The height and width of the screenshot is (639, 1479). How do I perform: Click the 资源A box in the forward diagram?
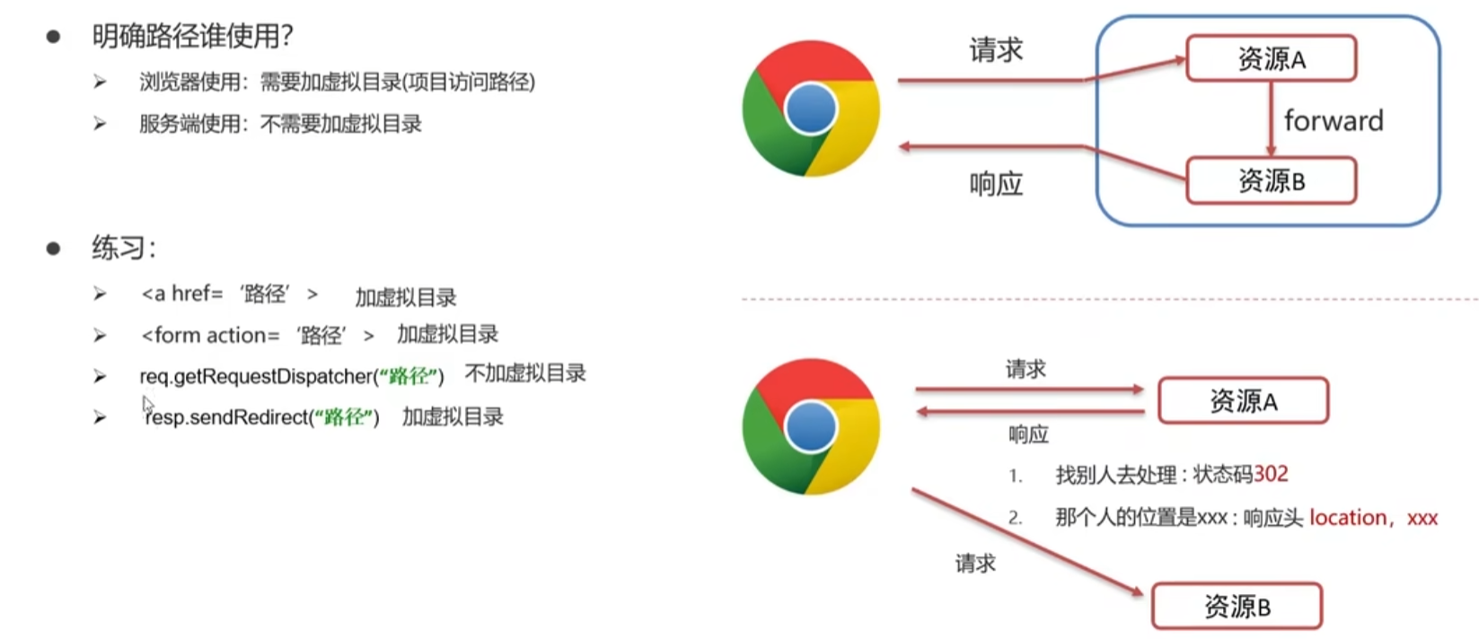[x=1271, y=58]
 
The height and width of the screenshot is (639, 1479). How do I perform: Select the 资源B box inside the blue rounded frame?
[x=1271, y=181]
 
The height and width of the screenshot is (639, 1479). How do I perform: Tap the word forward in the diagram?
[x=1334, y=120]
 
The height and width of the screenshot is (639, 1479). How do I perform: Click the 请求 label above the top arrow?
[x=996, y=50]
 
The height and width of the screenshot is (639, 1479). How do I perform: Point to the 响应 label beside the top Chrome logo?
[x=996, y=184]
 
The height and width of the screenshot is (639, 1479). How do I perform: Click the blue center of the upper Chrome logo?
[x=810, y=109]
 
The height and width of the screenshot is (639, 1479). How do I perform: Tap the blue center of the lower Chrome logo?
[x=810, y=427]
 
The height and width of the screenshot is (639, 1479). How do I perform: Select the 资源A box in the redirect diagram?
[x=1243, y=400]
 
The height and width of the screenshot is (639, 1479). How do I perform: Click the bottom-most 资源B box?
[x=1237, y=607]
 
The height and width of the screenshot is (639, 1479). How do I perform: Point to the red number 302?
[x=1271, y=474]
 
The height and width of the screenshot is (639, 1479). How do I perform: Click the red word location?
[x=1347, y=518]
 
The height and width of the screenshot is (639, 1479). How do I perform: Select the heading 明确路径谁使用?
[x=192, y=36]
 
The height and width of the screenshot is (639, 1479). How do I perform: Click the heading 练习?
[x=124, y=248]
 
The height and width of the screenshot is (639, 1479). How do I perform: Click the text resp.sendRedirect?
[x=226, y=417]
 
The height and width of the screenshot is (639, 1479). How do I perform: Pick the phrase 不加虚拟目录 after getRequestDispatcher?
[x=525, y=373]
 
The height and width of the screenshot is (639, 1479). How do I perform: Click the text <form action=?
[x=210, y=336]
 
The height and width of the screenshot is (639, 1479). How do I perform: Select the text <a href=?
[x=181, y=294]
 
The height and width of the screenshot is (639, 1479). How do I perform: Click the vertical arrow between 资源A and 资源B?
[x=1271, y=119]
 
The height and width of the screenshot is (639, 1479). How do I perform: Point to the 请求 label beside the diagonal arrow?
[x=975, y=564]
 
